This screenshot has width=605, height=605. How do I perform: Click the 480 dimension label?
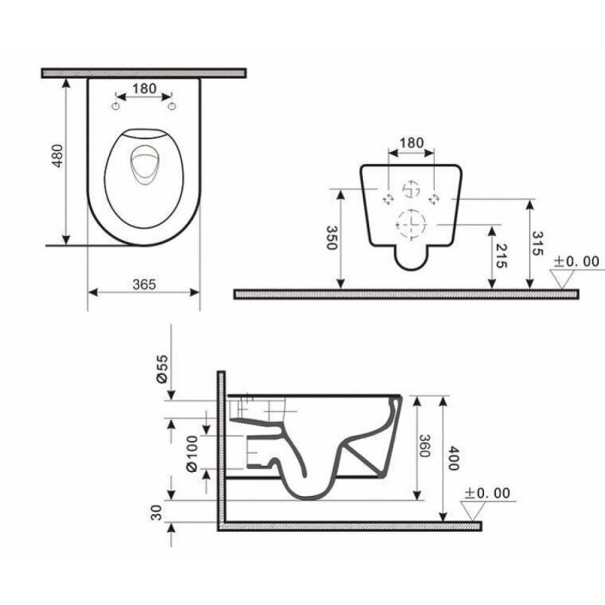(x=57, y=155)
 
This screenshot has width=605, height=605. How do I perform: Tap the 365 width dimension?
(x=145, y=285)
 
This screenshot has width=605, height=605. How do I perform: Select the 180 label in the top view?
(x=145, y=88)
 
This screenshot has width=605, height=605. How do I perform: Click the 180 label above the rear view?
(x=411, y=143)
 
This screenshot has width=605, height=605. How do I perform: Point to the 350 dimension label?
(x=332, y=238)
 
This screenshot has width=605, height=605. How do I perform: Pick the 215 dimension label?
(x=500, y=256)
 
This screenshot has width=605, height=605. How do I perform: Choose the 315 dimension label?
(x=538, y=243)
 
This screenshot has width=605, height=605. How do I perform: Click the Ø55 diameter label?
(x=163, y=368)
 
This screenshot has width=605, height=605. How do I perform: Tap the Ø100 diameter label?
(x=192, y=453)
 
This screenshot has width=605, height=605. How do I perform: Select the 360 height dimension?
(x=424, y=446)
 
